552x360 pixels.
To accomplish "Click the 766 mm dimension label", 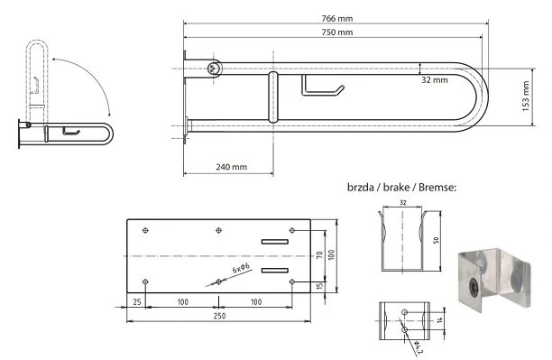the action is coord(337,18).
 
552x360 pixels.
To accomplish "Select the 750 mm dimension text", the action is coord(337,32).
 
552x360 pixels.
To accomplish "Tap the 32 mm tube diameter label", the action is coord(435,80).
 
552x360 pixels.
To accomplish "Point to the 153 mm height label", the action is coord(526,97).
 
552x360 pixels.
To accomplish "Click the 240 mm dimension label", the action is coord(231,167).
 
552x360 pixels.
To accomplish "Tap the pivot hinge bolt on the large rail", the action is coord(212,69).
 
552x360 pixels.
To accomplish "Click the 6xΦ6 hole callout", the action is coord(242,268).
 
